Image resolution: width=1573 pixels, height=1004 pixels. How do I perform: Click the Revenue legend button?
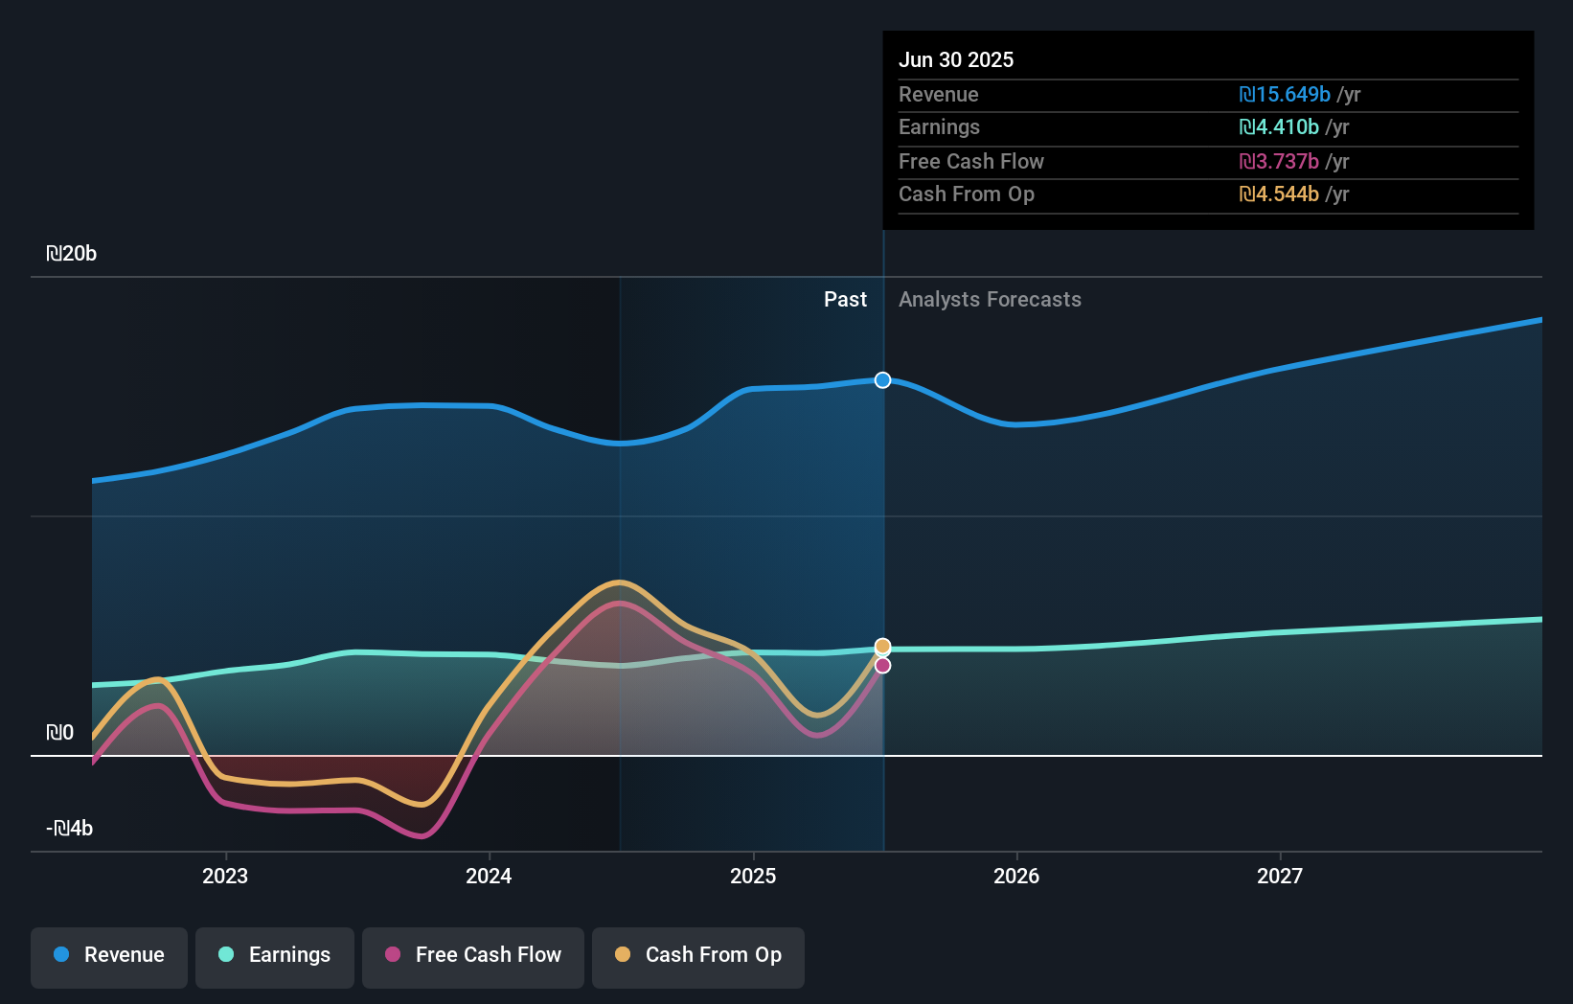(x=109, y=956)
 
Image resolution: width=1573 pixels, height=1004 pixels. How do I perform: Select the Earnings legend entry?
(x=275, y=956)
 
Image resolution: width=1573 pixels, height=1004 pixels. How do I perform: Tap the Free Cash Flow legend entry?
(x=473, y=956)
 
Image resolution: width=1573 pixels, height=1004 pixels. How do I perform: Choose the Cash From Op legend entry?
(x=698, y=956)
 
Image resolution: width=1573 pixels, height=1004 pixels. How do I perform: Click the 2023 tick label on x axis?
(x=225, y=877)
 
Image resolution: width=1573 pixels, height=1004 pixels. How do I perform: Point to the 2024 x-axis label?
(x=489, y=877)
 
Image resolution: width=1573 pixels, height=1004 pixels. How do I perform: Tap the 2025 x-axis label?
(x=753, y=877)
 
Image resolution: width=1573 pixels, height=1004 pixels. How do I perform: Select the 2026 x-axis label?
(x=1016, y=877)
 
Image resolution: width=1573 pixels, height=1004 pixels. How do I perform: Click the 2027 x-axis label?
(x=1280, y=877)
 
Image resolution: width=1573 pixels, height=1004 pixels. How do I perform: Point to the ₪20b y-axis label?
(x=72, y=254)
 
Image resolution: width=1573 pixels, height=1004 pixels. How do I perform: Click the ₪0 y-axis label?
(x=60, y=733)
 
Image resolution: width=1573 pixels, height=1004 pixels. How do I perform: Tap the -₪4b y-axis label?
(x=70, y=829)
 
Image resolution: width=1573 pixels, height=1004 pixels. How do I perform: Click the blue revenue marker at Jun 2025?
(x=883, y=380)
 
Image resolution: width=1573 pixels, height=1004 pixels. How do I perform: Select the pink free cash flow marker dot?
(x=883, y=666)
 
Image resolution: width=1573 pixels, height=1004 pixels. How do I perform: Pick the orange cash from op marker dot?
(x=883, y=647)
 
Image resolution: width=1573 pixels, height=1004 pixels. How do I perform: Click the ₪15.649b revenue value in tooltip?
(x=1285, y=95)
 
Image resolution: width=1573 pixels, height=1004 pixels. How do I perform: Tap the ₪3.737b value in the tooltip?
(x=1279, y=162)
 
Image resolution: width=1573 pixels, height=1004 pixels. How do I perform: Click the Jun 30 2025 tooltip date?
(x=956, y=60)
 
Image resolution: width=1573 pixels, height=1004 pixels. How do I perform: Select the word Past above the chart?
(x=845, y=300)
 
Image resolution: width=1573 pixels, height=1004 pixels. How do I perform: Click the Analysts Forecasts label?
(x=990, y=300)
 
